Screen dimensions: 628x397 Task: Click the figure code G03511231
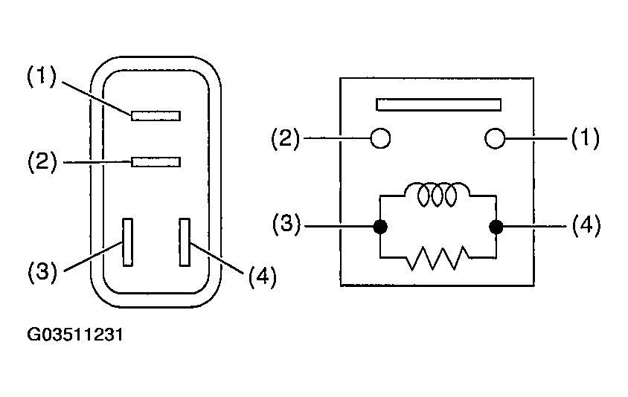[75, 335]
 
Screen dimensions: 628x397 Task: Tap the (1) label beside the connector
[42, 77]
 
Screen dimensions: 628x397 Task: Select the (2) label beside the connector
[42, 161]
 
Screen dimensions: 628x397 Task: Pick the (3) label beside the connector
[42, 272]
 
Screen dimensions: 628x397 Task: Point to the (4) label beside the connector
[263, 277]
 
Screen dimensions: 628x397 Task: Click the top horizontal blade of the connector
[156, 116]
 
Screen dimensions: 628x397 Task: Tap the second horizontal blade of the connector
[156, 161]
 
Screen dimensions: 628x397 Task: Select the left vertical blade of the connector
[128, 242]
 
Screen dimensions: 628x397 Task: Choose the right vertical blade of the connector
[185, 242]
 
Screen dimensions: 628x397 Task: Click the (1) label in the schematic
[585, 138]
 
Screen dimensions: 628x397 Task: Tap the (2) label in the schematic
[285, 138]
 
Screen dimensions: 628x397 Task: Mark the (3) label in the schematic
[286, 224]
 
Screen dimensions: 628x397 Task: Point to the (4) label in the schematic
[586, 225]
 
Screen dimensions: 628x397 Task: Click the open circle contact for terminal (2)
[380, 138]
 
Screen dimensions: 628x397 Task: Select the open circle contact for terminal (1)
[495, 138]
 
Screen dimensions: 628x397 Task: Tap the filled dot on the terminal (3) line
[380, 227]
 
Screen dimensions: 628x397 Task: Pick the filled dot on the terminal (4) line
[496, 227]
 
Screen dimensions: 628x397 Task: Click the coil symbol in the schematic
[437, 195]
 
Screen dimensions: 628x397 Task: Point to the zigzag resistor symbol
[437, 258]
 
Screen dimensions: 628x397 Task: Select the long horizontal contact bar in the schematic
[438, 104]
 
